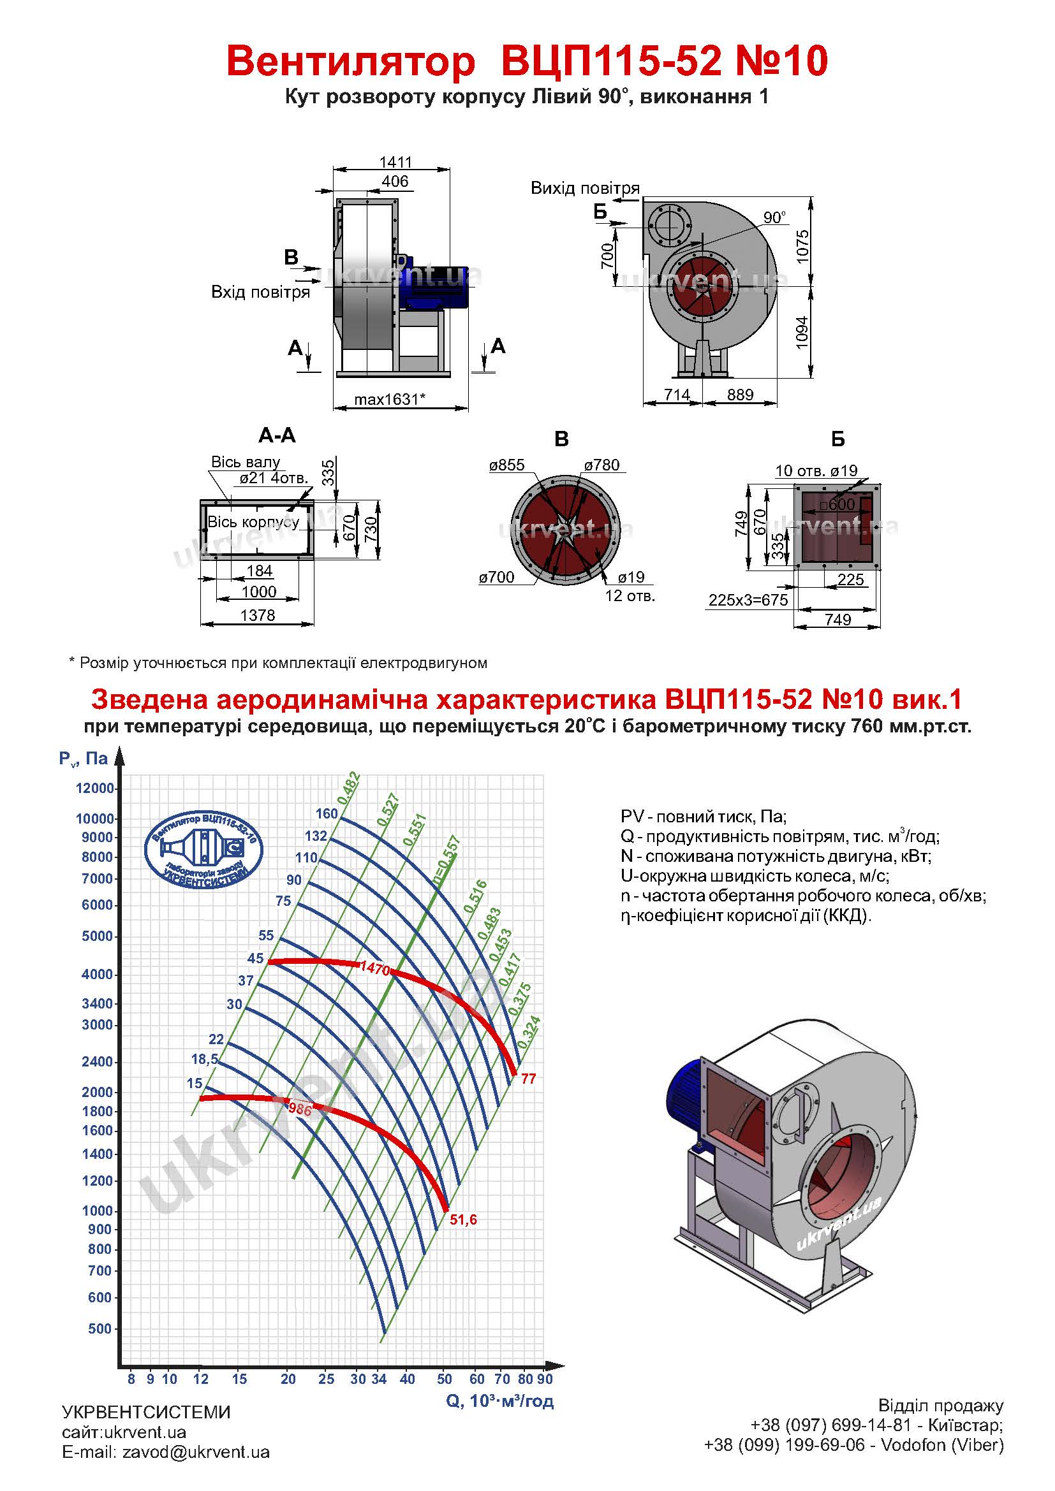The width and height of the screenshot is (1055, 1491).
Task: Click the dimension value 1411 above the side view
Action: [x=395, y=162]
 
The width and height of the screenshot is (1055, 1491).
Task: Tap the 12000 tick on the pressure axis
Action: [x=95, y=788]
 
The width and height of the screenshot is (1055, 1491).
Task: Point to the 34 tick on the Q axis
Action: [x=379, y=1379]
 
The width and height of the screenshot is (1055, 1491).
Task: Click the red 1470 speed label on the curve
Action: [x=375, y=970]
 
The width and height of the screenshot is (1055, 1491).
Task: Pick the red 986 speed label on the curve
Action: [x=300, y=1110]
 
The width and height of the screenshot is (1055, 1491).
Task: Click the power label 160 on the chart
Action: [x=327, y=813]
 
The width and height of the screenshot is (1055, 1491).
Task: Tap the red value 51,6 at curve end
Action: [x=463, y=1220]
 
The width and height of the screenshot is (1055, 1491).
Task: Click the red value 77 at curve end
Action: [x=529, y=1079]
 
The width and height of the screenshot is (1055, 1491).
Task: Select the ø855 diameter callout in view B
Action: [x=506, y=465]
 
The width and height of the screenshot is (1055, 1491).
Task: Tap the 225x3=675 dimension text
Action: [x=748, y=600]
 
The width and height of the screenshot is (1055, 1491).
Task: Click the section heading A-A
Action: [x=277, y=435]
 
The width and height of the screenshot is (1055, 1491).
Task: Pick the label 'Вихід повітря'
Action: [x=586, y=188]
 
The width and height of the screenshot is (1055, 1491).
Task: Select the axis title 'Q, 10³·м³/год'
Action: [x=499, y=1400]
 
